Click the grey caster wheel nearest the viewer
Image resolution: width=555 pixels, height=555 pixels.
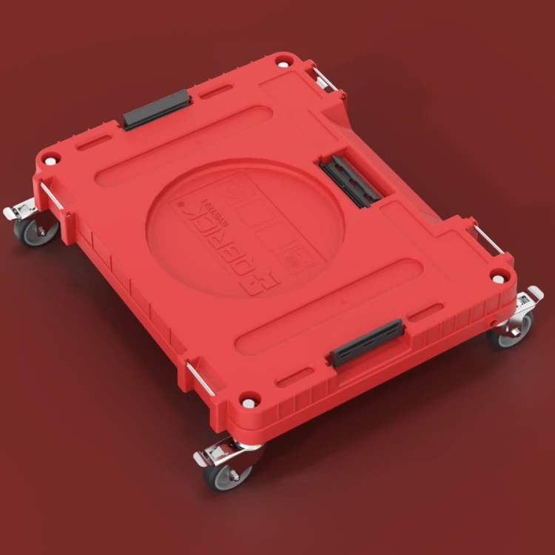point(226,474)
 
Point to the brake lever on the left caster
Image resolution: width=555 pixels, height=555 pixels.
point(17,213)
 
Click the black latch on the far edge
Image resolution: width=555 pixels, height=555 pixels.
point(156,110)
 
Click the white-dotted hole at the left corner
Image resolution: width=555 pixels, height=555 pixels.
point(50,158)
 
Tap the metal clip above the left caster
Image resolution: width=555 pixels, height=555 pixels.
point(52,197)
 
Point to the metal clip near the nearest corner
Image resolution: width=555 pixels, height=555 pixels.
point(201,378)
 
